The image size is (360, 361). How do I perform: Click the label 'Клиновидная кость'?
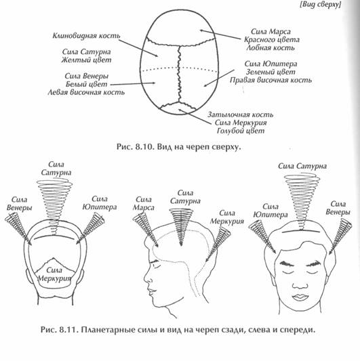(86, 36)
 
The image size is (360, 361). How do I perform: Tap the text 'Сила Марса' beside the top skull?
(271, 31)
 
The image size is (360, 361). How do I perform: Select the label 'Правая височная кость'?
(271, 80)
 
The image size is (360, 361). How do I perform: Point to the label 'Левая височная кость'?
(86, 92)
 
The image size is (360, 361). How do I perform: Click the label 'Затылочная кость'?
(241, 114)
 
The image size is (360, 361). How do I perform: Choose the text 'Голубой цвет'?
(241, 131)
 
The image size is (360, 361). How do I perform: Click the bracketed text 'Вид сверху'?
(321, 5)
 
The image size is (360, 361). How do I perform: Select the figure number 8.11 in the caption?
(68, 329)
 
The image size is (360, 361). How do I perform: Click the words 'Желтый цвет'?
(86, 60)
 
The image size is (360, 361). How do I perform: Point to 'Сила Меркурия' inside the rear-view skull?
(54, 274)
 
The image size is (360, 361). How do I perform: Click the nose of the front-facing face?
(300, 284)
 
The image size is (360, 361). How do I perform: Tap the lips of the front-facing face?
(300, 297)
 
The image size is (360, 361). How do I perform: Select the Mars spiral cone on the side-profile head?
(146, 230)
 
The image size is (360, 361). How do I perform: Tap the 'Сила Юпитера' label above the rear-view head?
(100, 203)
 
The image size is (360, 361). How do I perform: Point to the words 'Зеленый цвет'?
(271, 72)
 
